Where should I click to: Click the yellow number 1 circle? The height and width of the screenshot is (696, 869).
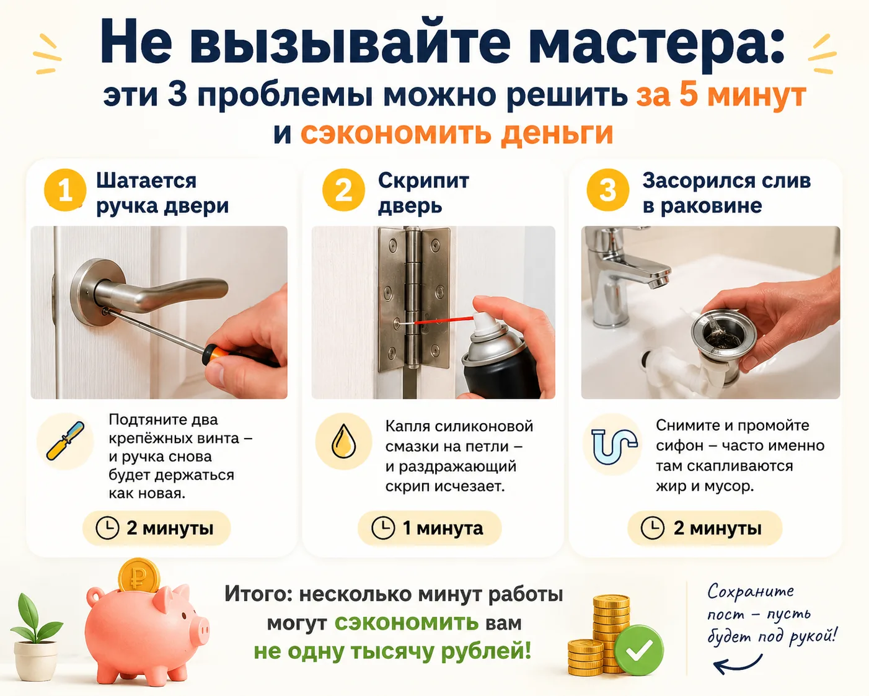65,190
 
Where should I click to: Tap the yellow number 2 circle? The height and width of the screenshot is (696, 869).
343,190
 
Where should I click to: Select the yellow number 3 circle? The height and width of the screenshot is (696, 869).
607,190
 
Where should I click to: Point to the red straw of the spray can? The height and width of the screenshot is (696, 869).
444,320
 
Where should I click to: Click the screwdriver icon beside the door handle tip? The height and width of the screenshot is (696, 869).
65,441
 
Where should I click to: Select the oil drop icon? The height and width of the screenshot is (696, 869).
343,442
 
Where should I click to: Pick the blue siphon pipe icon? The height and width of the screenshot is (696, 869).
614,445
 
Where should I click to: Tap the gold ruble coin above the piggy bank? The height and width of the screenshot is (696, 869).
139,575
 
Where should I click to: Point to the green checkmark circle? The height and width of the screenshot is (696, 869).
639,650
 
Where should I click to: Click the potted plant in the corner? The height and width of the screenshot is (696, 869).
35,636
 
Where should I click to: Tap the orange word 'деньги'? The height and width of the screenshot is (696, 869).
557,133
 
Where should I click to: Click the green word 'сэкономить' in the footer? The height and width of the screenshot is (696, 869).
406,622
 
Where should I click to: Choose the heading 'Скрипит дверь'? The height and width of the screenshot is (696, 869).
423,193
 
